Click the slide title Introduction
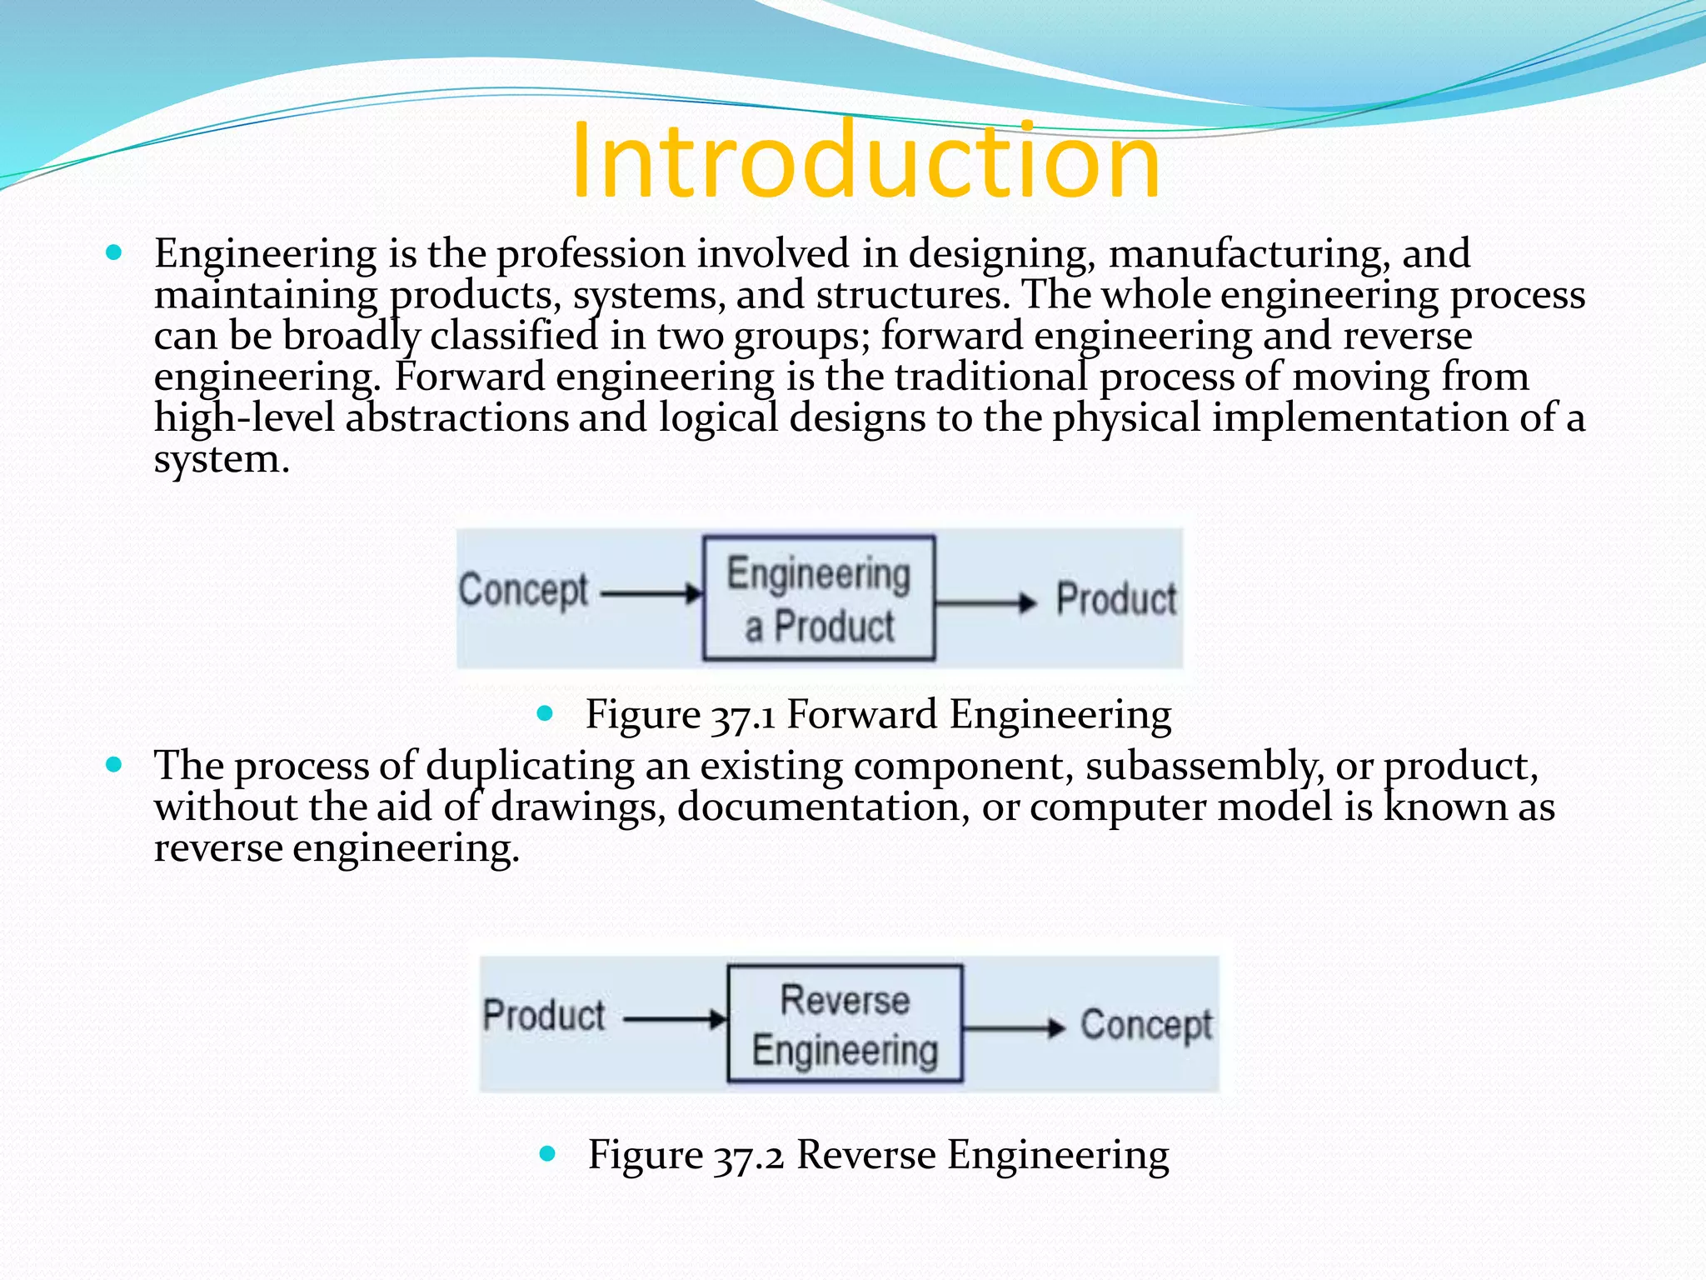865,160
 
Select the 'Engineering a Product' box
819,598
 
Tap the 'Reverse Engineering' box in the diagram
845,1024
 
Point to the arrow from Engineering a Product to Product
985,602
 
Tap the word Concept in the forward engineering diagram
523,590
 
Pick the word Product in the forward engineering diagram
1116,599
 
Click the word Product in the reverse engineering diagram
544,1016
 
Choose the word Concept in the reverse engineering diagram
1146,1025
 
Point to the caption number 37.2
749,1156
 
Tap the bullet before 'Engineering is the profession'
115,252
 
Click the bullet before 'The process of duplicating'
115,763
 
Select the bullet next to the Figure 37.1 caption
546,712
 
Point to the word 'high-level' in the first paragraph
244,417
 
